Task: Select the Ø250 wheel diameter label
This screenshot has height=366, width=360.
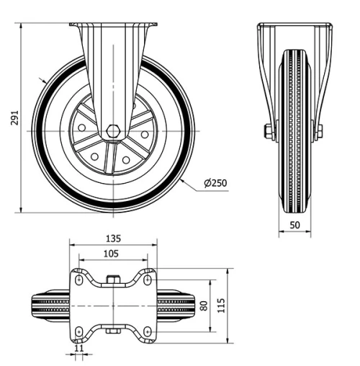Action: [215, 183]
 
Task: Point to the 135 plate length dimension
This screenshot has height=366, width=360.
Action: [112, 238]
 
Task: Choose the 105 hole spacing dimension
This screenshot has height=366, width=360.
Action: [112, 254]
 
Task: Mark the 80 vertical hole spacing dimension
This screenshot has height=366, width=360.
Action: [204, 305]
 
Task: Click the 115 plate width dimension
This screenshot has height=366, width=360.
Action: [222, 305]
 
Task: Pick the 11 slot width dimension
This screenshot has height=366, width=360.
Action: [78, 349]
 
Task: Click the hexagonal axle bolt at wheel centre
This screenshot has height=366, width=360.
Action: [112, 131]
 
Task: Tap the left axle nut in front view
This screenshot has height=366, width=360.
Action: [269, 131]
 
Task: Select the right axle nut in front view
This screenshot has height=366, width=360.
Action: [318, 131]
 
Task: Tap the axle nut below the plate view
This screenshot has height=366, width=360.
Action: [112, 332]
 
